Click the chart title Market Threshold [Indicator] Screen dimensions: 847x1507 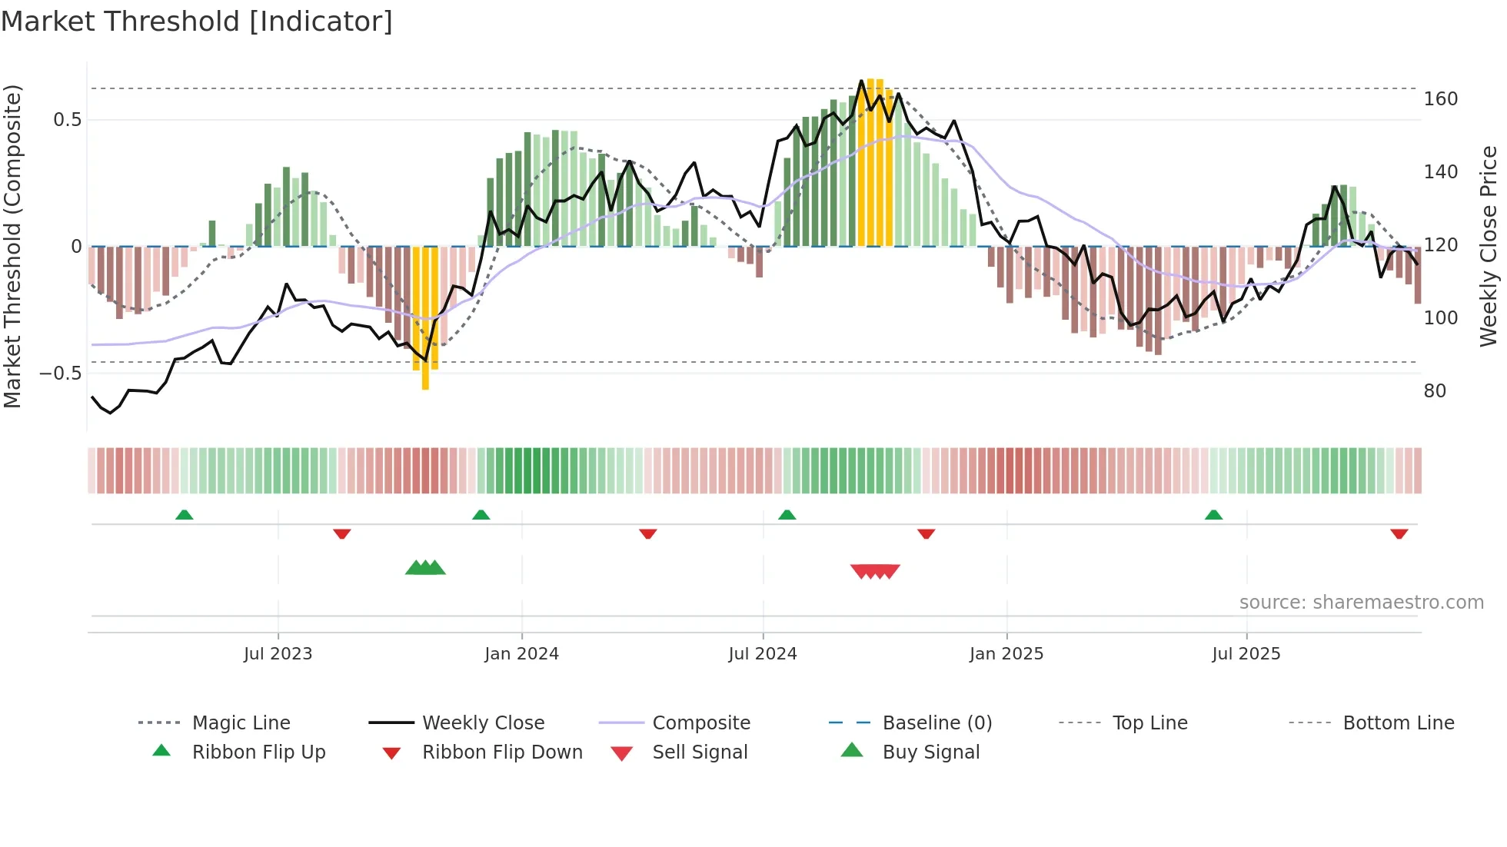tap(197, 21)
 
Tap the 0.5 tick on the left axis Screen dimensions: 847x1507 tap(68, 120)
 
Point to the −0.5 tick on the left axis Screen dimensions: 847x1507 tap(61, 374)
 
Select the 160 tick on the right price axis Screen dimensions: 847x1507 tap(1440, 99)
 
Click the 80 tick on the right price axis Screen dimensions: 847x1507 tap(1435, 391)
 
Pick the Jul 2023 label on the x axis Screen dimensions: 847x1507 tap(278, 654)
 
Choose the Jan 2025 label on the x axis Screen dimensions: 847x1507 tap(1006, 654)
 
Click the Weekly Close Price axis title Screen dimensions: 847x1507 tap(1489, 246)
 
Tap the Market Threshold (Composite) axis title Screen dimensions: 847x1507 tap(12, 246)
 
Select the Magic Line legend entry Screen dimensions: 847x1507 tap(241, 723)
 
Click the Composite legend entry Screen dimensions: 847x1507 tap(700, 723)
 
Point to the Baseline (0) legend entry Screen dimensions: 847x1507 tap(936, 723)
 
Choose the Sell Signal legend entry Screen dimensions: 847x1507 tap(699, 752)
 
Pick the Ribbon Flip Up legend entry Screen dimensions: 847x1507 tap(258, 752)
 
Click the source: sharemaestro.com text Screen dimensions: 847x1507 tap(1361, 603)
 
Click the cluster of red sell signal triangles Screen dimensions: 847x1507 tap(875, 571)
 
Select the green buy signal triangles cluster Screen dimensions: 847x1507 tap(425, 568)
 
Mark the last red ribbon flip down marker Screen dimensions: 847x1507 tap(1399, 533)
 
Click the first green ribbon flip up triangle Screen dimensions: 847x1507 tap(184, 515)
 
